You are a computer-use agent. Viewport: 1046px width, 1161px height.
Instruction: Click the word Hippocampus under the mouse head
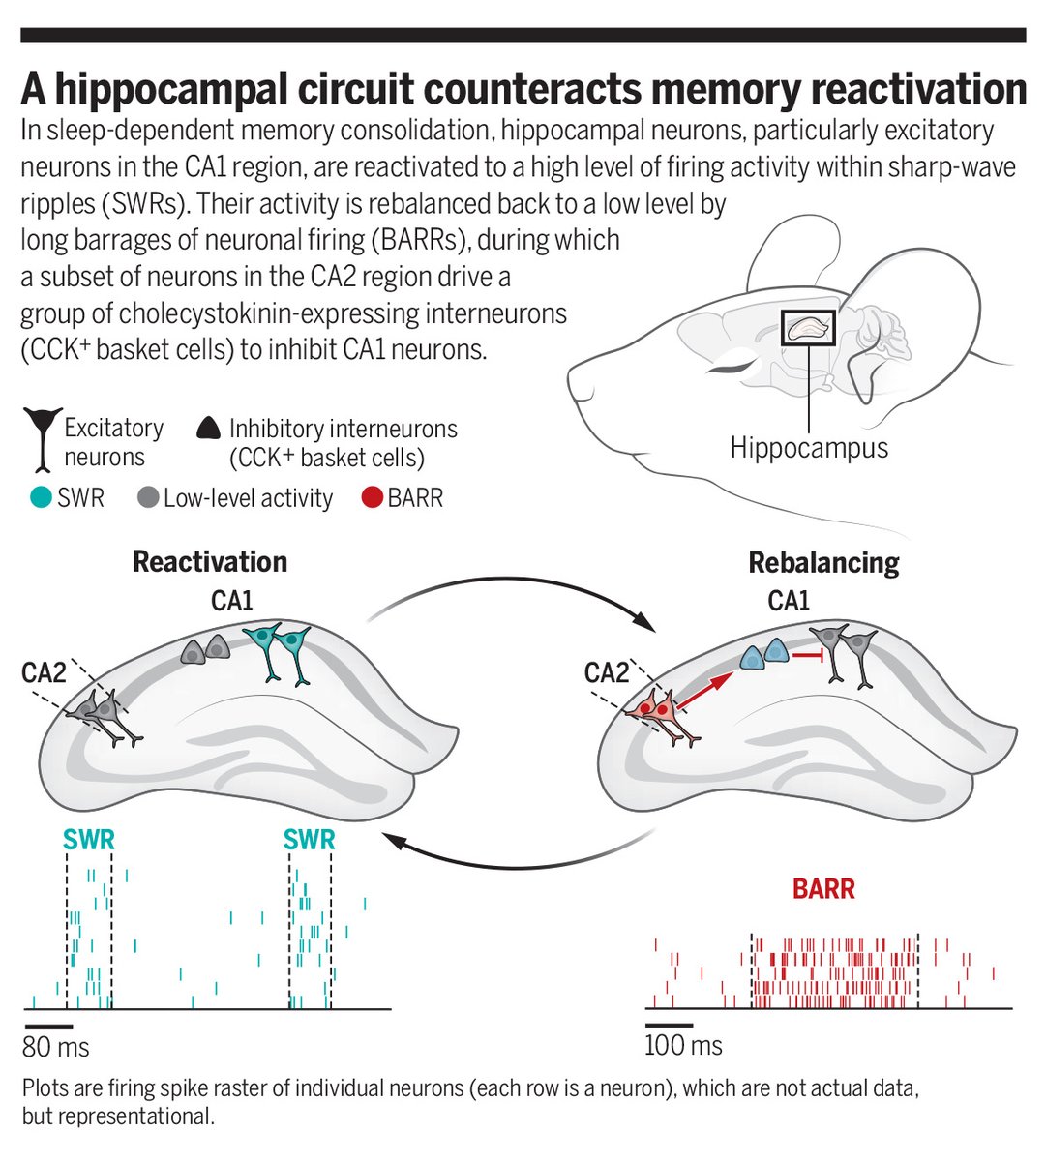click(808, 448)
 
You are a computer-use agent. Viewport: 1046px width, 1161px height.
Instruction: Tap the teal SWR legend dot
click(41, 498)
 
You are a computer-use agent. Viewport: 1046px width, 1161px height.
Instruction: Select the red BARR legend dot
click(371, 498)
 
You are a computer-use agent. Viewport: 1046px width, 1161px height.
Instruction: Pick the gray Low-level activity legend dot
click(148, 498)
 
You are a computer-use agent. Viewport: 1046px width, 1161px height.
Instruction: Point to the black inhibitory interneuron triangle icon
click(208, 429)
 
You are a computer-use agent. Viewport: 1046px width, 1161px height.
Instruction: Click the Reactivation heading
click(210, 561)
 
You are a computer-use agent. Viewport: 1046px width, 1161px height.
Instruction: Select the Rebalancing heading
click(823, 562)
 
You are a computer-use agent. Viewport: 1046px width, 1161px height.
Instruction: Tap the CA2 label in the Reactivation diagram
click(44, 671)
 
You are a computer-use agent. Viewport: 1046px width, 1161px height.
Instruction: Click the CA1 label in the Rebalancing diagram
click(789, 601)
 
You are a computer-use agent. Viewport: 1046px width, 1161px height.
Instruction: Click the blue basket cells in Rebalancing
click(764, 657)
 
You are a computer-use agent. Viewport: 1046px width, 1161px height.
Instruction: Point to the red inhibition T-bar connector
click(809, 657)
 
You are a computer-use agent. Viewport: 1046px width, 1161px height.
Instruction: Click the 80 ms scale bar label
click(56, 1047)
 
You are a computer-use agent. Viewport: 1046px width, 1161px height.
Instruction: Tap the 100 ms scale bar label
click(683, 1045)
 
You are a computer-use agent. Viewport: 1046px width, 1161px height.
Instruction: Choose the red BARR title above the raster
click(823, 888)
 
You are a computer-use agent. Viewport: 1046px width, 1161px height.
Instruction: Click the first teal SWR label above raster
click(89, 839)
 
